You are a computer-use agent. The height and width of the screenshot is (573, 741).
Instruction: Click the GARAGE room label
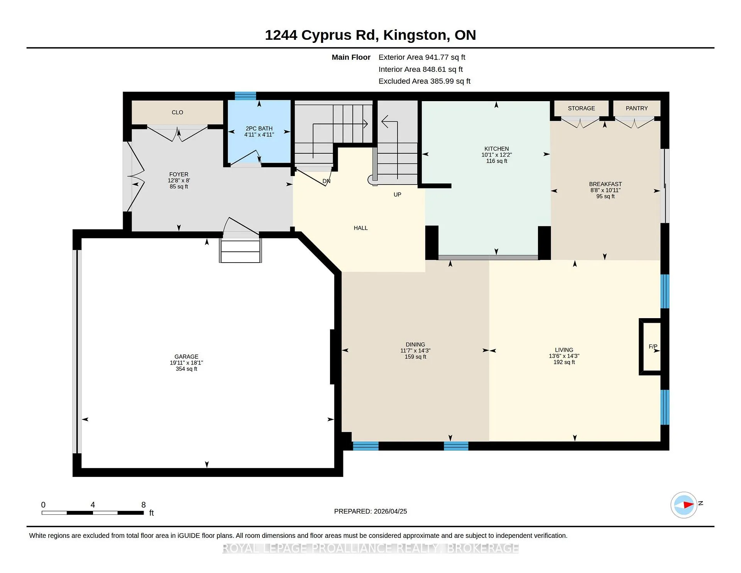click(186, 356)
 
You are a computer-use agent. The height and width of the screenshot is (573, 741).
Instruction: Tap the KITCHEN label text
click(497, 149)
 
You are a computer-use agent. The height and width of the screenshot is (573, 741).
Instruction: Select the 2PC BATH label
click(259, 129)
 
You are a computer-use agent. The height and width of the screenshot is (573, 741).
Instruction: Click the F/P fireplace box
click(651, 347)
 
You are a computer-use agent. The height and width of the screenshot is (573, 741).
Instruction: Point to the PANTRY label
click(637, 108)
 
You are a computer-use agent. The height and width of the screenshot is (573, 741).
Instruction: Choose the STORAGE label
click(581, 108)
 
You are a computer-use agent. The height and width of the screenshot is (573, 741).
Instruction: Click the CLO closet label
click(178, 112)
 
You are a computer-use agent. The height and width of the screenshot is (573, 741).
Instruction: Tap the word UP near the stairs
click(398, 195)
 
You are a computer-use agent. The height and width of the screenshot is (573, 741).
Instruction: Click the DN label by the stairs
click(327, 181)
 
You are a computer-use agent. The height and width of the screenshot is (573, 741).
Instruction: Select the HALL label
click(361, 228)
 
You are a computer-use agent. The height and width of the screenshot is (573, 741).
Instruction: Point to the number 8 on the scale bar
click(144, 505)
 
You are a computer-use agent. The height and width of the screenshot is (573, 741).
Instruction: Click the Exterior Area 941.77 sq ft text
click(422, 57)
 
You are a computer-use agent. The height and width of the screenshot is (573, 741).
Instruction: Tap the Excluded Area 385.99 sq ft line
click(425, 81)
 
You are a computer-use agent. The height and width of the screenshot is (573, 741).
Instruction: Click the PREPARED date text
click(370, 511)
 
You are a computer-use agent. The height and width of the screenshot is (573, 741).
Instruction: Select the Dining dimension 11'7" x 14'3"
click(415, 351)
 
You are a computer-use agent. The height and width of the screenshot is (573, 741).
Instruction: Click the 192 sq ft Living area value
click(564, 362)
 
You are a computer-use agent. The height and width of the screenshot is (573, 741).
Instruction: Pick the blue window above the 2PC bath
click(246, 96)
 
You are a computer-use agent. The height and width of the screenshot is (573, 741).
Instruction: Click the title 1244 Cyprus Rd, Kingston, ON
click(370, 35)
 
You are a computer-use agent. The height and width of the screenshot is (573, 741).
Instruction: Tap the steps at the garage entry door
click(240, 251)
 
